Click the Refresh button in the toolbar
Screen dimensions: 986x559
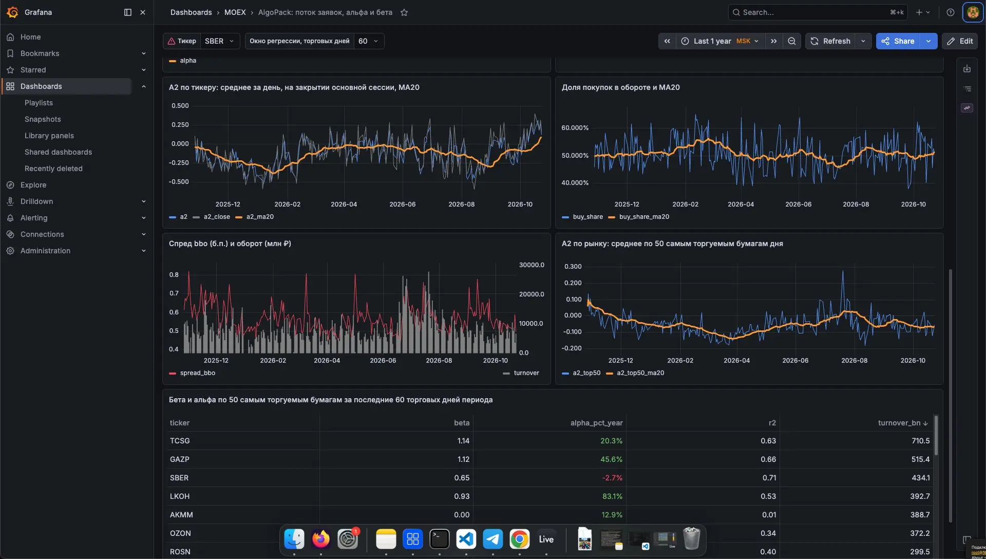830,41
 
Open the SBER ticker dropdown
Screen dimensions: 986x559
219,41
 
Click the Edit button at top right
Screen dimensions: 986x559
960,41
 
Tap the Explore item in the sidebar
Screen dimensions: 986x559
33,185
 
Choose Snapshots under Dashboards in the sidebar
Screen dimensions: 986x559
43,119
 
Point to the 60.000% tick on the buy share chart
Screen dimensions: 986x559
575,128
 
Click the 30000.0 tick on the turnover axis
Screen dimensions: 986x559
532,265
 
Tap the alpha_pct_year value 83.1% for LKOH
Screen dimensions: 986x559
612,496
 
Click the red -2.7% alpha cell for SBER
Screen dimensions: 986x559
612,478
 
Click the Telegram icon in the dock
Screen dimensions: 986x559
493,539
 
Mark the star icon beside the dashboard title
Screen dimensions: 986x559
404,12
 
